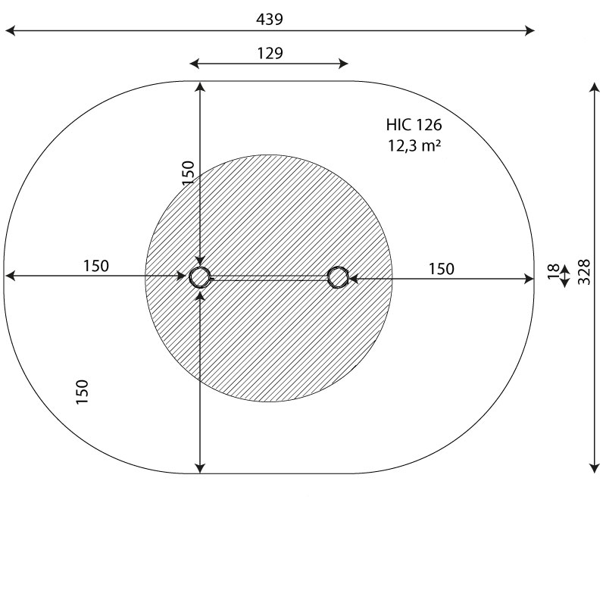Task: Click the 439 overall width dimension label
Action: coord(270,19)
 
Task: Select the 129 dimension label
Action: coord(270,53)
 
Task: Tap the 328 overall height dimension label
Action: coord(584,272)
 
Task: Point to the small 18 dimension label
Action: coord(554,270)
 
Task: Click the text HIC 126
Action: coord(414,125)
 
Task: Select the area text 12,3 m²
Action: coord(414,145)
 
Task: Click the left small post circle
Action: coord(200,277)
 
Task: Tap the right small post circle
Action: coord(337,277)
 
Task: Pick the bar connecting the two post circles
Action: coord(269,278)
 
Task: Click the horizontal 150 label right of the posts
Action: coord(441,269)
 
